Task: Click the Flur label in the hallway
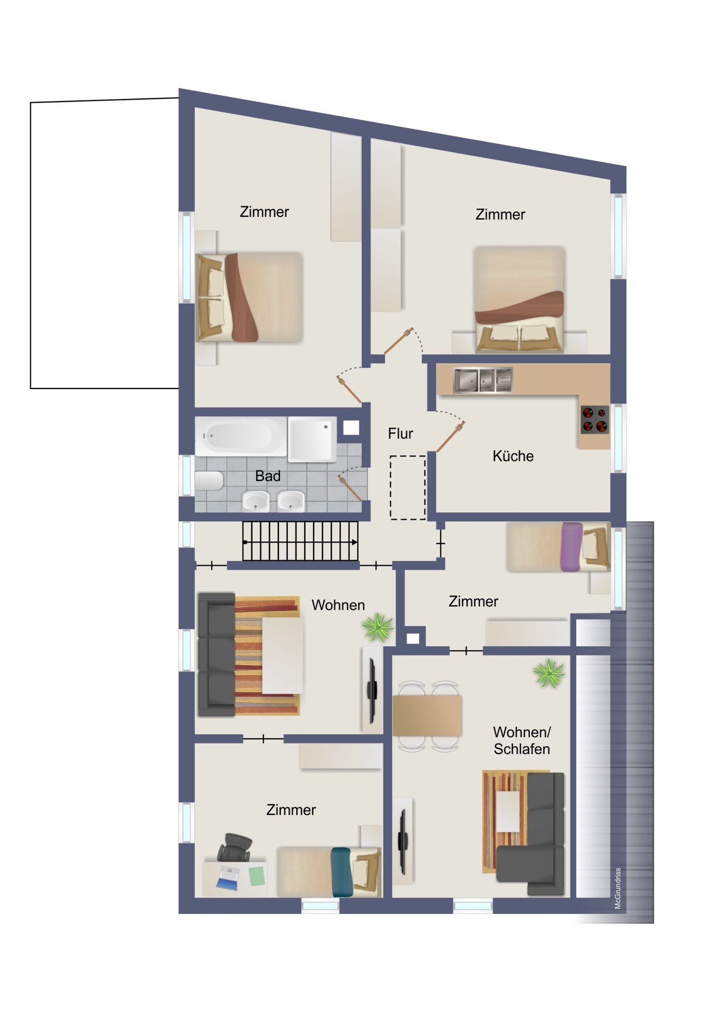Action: (400, 433)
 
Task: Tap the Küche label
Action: (513, 456)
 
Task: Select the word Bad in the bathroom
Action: (268, 476)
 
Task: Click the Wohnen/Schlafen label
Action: (522, 740)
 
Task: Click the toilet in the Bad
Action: (209, 481)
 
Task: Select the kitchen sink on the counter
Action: (483, 380)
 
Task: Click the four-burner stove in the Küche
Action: (594, 419)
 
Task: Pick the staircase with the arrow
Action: (300, 541)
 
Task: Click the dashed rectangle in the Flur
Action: (407, 487)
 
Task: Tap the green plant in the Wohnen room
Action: (378, 627)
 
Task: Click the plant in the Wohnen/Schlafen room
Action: (549, 673)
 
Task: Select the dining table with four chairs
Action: (428, 715)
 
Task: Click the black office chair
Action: (234, 847)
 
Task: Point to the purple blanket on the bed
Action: (571, 547)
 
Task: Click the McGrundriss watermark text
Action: (617, 888)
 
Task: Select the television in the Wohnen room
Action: (372, 690)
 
